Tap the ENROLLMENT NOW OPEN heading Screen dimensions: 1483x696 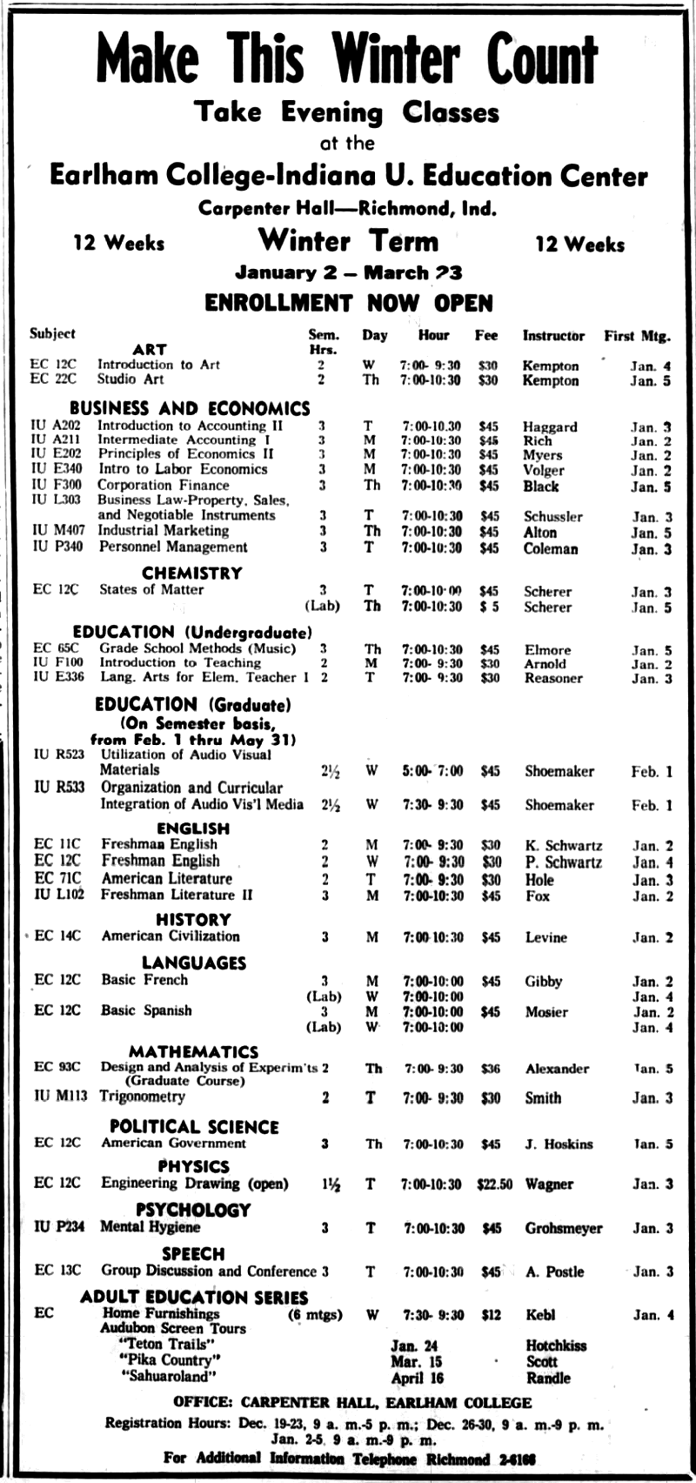(x=348, y=303)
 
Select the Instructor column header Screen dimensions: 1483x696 (x=553, y=335)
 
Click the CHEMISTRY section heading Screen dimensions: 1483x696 (x=191, y=573)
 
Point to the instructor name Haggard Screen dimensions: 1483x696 (x=549, y=426)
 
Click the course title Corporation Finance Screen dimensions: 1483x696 (x=151, y=485)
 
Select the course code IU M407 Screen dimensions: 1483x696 (x=58, y=530)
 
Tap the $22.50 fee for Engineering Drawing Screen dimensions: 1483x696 (x=494, y=1184)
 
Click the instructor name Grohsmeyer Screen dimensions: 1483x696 (x=563, y=1228)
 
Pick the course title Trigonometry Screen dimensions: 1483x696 (x=142, y=1097)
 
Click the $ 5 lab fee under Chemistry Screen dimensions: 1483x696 (x=489, y=607)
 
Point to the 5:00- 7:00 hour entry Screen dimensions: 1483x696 (x=432, y=771)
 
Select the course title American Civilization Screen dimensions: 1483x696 (x=171, y=936)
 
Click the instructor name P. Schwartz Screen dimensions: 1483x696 (x=563, y=862)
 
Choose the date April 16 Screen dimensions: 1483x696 (x=417, y=1378)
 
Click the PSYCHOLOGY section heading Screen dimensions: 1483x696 (x=193, y=1210)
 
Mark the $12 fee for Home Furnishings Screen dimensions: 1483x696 (x=491, y=1315)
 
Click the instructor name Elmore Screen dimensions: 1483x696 (x=547, y=649)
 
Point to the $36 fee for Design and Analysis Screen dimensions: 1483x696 (x=491, y=1069)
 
